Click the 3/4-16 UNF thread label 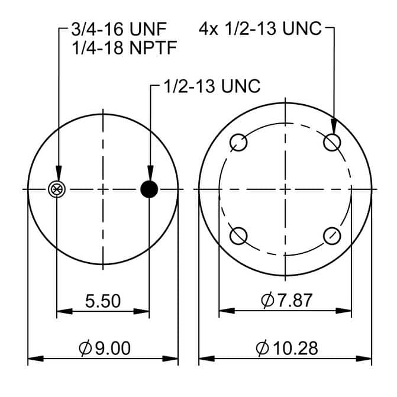(119, 29)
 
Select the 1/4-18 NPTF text (124, 48)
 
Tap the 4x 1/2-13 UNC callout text (260, 28)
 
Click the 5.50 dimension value (103, 301)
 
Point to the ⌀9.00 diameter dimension (105, 348)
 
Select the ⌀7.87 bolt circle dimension (286, 301)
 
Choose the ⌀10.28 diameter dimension (286, 348)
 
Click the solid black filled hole (149, 189)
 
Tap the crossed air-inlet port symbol (57, 189)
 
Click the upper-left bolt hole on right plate (238, 143)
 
